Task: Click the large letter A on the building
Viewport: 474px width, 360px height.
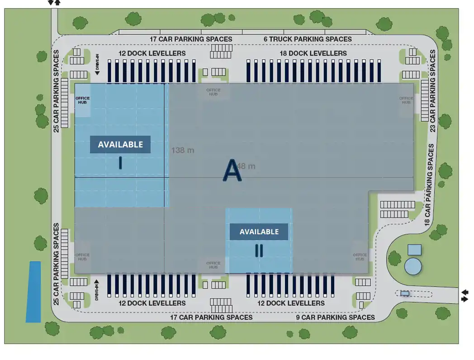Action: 232,171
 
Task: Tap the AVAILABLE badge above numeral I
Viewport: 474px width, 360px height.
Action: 120,145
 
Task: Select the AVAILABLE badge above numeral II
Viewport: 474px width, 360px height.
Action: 259,232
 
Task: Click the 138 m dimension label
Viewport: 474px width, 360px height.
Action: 183,150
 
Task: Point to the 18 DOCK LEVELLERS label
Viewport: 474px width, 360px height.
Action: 313,53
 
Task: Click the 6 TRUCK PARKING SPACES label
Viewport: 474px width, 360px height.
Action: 308,39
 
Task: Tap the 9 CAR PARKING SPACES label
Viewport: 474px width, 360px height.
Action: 336,317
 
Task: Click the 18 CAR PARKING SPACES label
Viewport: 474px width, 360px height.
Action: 430,185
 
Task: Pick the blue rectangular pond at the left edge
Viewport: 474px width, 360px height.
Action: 33,292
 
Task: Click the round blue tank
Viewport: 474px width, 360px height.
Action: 413,266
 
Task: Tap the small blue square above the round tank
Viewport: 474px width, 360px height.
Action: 414,250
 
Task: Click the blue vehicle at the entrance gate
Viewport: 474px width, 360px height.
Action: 405,293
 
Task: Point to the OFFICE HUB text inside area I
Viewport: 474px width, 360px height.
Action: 82,100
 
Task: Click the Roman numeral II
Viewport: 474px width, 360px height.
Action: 259,251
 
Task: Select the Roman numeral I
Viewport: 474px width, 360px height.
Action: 120,163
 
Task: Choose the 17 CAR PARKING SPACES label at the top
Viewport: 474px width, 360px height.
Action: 191,39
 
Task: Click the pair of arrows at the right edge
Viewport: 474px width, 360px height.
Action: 465,296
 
